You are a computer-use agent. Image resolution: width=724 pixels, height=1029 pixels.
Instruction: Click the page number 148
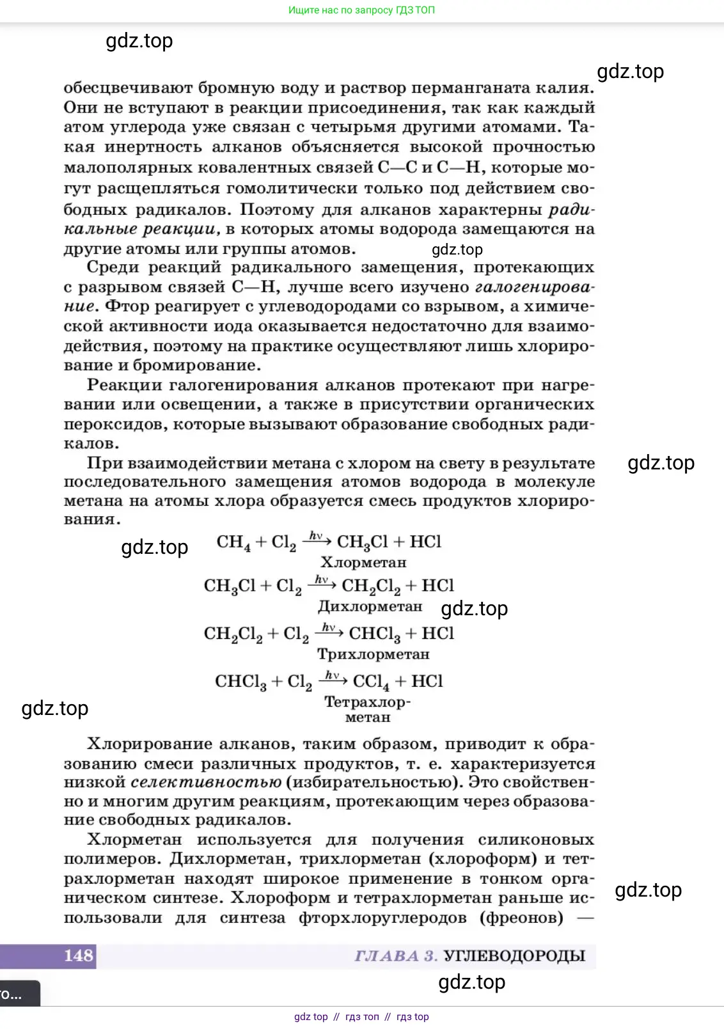[79, 955]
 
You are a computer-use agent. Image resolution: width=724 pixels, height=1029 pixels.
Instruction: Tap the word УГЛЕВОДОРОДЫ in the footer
[514, 956]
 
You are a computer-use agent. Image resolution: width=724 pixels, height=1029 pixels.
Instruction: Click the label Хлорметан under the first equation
[363, 563]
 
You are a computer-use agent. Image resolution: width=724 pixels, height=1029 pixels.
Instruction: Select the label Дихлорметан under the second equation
[370, 606]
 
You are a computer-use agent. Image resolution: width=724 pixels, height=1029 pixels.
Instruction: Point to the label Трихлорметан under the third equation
[374, 654]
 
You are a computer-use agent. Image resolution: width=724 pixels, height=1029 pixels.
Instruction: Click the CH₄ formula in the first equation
[233, 542]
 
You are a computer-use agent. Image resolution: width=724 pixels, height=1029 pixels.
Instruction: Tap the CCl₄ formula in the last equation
[371, 682]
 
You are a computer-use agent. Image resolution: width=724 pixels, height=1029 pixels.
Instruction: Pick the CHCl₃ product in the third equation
[375, 634]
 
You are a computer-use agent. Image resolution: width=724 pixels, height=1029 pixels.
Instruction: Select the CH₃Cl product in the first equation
[362, 542]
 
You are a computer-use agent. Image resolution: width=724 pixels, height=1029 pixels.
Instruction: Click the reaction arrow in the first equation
[317, 541]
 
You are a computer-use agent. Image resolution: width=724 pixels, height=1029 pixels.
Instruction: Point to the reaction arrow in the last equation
[333, 680]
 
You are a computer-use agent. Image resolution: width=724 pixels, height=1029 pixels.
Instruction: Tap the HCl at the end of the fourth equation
[427, 681]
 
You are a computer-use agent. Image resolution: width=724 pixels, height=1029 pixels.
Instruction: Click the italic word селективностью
[206, 782]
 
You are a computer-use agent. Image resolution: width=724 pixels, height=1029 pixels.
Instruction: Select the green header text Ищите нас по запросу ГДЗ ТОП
[361, 10]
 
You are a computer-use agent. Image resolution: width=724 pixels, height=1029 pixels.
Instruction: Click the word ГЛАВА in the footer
[387, 956]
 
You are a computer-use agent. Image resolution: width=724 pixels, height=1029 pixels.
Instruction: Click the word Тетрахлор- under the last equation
[367, 702]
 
